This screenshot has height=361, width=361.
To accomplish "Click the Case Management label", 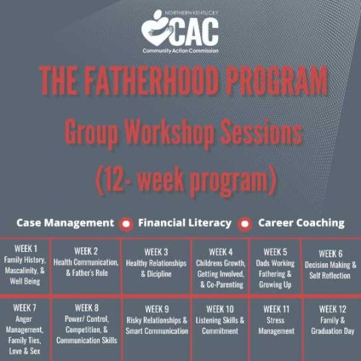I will pos(65,223).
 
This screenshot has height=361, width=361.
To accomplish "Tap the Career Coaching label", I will pos(301,223).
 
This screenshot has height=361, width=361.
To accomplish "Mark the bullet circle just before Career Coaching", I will pos(244,223).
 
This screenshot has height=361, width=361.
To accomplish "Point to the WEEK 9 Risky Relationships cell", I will pos(156,328).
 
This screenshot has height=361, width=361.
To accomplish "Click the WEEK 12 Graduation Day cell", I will pos(330,328).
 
